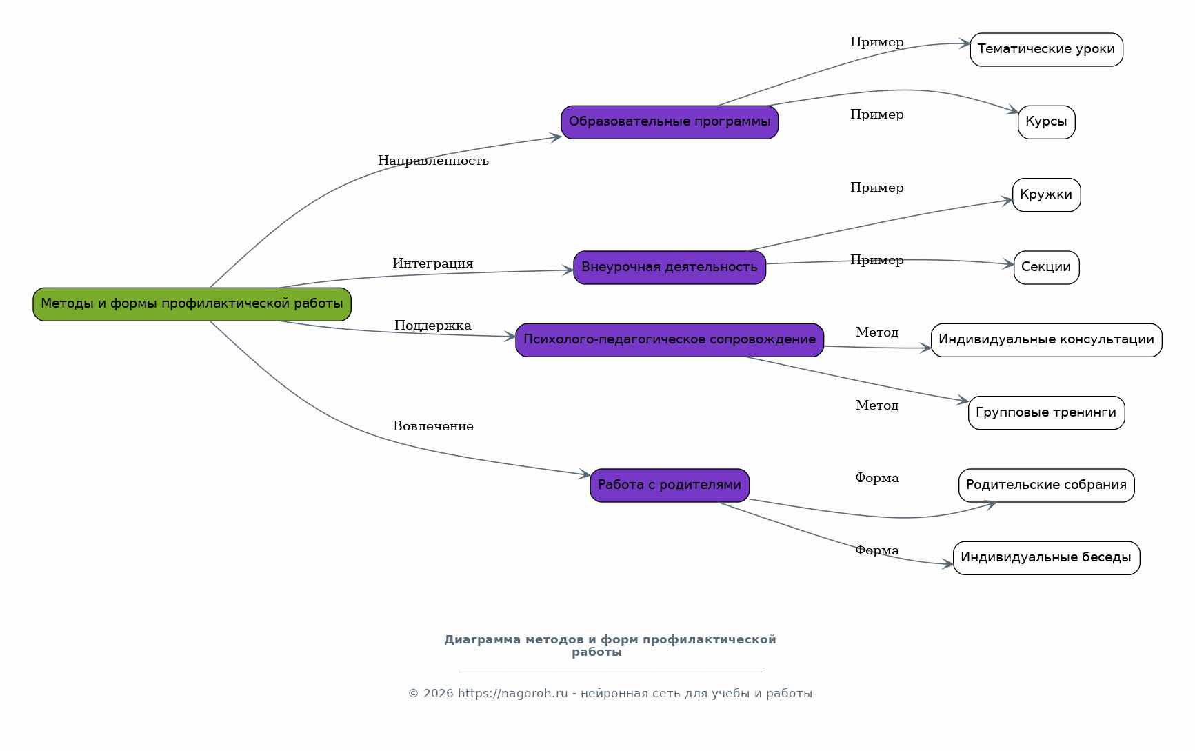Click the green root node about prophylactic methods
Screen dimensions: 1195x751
tap(192, 304)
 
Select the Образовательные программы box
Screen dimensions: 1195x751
tap(670, 122)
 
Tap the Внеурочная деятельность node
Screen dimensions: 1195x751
tap(670, 268)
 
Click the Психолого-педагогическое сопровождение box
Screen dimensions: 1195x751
tap(670, 340)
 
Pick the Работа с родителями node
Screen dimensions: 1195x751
tap(670, 485)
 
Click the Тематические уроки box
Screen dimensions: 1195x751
tap(1046, 50)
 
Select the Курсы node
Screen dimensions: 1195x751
tap(1046, 122)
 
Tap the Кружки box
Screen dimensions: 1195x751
tap(1046, 195)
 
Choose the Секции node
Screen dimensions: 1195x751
tap(1046, 268)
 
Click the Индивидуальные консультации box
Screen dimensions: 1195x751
tap(1046, 340)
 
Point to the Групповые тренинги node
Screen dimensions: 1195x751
tap(1046, 413)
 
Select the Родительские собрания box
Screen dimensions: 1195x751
tap(1046, 485)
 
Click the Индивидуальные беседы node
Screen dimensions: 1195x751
tap(1046, 558)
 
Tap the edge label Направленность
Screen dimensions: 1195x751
tap(433, 161)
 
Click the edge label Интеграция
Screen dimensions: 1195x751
tap(433, 263)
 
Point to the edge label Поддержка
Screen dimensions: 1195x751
tap(433, 326)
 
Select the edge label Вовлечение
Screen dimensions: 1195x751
tap(433, 426)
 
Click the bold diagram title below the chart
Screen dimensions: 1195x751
tap(610, 645)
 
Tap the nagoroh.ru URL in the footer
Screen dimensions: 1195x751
tap(512, 694)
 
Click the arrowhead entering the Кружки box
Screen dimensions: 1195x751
tap(1007, 201)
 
